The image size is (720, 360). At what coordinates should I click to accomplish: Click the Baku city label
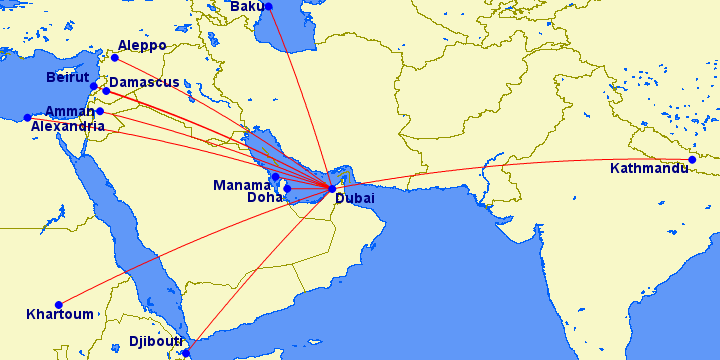(246, 7)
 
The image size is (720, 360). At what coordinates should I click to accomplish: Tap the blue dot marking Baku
(268, 6)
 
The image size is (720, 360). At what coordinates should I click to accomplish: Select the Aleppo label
(142, 46)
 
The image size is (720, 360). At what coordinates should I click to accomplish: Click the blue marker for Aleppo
(114, 57)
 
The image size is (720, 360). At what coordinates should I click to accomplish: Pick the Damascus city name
(144, 82)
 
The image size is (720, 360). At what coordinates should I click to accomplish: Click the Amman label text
(69, 112)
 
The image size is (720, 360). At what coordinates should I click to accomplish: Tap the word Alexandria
(67, 127)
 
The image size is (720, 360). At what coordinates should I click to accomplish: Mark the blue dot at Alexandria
(27, 118)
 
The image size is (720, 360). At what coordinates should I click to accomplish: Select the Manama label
(241, 185)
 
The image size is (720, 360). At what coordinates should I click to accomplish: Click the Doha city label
(265, 198)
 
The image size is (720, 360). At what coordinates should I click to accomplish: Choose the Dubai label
(355, 200)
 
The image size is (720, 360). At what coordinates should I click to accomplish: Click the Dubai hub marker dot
(331, 188)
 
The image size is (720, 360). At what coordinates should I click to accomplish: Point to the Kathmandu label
(649, 169)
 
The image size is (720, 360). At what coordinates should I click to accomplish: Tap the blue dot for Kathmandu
(692, 159)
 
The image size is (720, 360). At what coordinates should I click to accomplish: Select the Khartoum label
(60, 314)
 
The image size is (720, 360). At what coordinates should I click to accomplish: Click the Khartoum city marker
(59, 304)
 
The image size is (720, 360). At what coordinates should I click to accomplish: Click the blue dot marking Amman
(99, 111)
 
